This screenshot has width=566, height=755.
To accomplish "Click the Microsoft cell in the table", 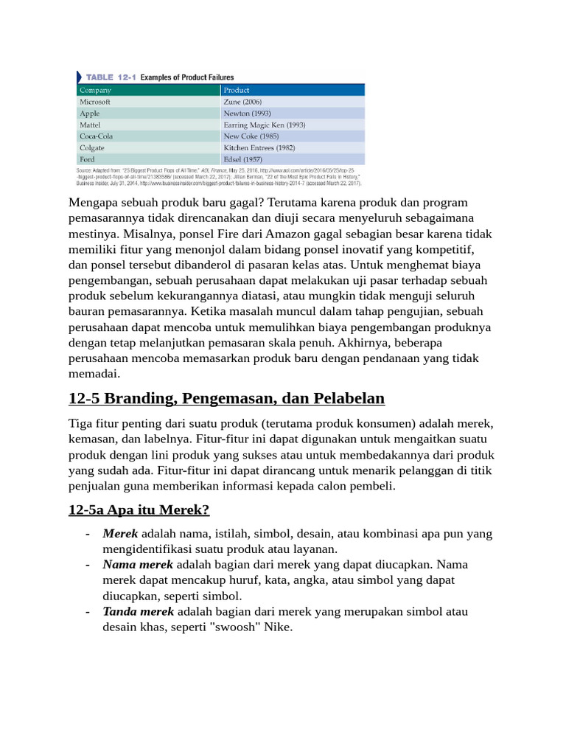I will pyautogui.click(x=94, y=102).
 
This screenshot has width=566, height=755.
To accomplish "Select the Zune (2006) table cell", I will pyautogui.click(x=242, y=102).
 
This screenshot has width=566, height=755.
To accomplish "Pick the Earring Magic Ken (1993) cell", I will pyautogui.click(x=264, y=125).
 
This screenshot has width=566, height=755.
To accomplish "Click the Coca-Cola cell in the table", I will pyautogui.click(x=96, y=136).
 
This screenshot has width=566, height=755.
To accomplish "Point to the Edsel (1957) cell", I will pyautogui.click(x=242, y=159).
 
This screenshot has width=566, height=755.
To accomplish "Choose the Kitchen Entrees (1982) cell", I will pyautogui.click(x=259, y=147).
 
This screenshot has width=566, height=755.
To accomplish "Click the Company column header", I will pyautogui.click(x=95, y=90).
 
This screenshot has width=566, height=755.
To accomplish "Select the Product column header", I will pyautogui.click(x=237, y=90).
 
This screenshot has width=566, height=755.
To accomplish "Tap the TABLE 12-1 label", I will pyautogui.click(x=111, y=77).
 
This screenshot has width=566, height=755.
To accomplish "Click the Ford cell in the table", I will pyautogui.click(x=87, y=159).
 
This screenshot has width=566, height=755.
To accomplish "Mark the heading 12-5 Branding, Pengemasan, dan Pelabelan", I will pyautogui.click(x=226, y=399).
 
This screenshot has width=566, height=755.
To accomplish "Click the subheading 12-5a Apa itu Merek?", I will pyautogui.click(x=139, y=509).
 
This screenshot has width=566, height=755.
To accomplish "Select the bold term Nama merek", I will pyautogui.click(x=138, y=565).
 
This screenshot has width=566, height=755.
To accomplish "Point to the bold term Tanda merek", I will pyautogui.click(x=139, y=612).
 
